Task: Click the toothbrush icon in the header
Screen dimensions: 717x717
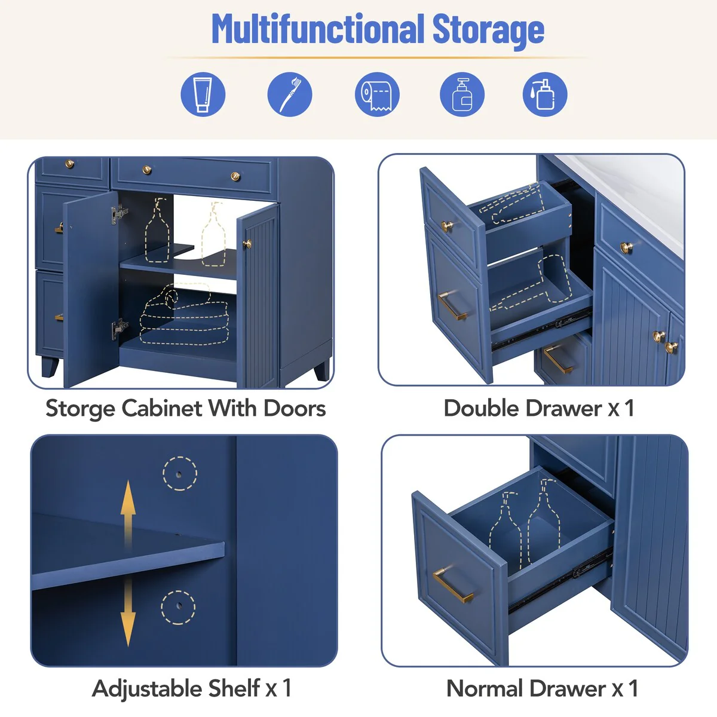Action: coord(289,94)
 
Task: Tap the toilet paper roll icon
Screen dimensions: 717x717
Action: coord(377,94)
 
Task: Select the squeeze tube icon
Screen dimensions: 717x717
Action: coord(203,94)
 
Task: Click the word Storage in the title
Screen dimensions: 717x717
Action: coord(488,29)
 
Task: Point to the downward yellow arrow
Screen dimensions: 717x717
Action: coord(128,615)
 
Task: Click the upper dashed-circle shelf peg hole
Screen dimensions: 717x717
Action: coord(179,474)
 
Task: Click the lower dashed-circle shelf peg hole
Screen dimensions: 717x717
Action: coord(177,608)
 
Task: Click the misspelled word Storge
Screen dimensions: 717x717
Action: coord(80,409)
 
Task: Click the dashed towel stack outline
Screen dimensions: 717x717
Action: coord(184,317)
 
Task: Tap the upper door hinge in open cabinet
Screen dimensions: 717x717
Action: coord(119,213)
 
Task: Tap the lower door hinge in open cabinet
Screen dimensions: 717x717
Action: coord(119,327)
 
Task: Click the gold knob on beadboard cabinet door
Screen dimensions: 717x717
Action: coord(247,243)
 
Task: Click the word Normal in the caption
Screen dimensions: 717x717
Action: coord(485,688)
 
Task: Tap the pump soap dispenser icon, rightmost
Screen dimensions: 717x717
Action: coord(544,94)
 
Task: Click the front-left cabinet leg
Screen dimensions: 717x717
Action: coord(48,366)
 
